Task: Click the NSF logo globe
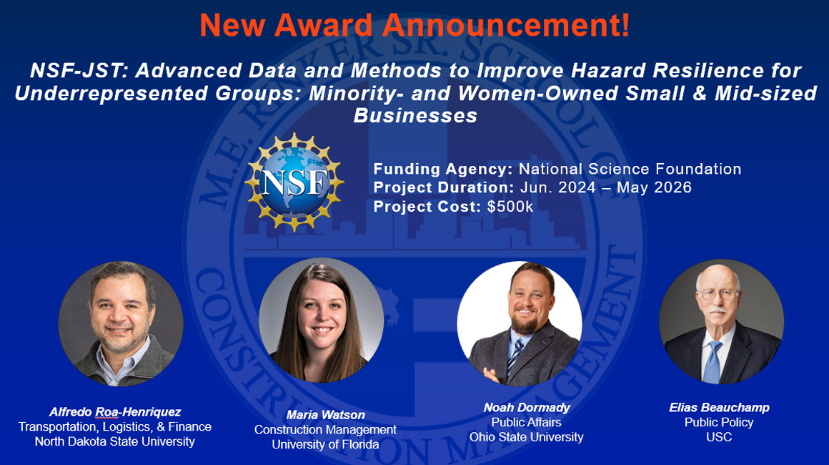[x=294, y=182]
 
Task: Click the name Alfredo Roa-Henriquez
[x=114, y=412]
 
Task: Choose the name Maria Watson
[x=325, y=415]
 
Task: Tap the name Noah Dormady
[x=526, y=408]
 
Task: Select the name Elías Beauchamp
[x=719, y=408]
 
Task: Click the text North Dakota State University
[x=114, y=441]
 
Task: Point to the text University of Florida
[x=325, y=444]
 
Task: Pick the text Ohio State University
[x=526, y=437]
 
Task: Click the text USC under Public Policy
[x=719, y=437]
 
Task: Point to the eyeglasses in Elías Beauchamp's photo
[x=718, y=294]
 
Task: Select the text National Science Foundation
[x=630, y=170]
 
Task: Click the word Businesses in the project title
[x=415, y=116]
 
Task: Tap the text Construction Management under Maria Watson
[x=325, y=430]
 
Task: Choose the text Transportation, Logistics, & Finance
[x=114, y=427]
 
